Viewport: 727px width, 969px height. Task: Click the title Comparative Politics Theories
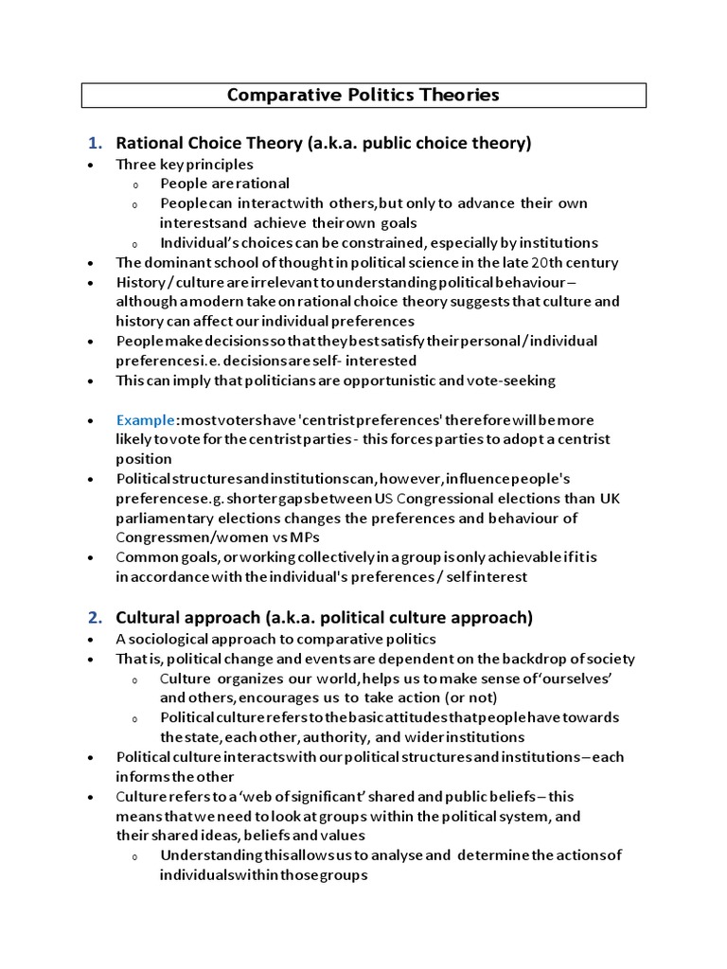click(363, 95)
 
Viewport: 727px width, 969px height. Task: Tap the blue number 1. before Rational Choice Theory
click(95, 144)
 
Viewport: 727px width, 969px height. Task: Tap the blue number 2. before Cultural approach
click(95, 618)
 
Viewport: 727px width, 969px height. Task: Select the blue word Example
click(147, 419)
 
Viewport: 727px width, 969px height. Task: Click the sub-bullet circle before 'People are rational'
click(135, 185)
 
